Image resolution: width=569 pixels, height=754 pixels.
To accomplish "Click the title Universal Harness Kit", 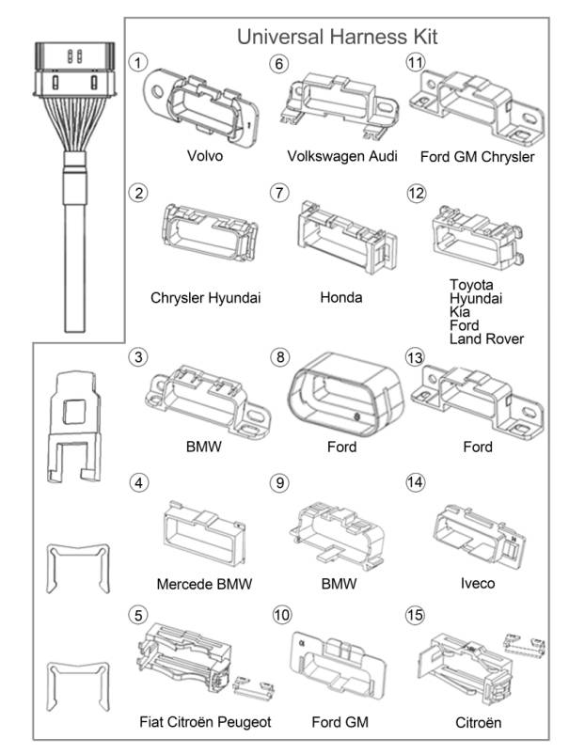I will point(337,37).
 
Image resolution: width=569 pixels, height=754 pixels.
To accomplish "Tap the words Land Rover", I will point(486,338).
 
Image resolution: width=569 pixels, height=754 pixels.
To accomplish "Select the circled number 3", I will point(139,357).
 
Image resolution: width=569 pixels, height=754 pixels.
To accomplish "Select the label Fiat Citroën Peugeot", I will point(203,722).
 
